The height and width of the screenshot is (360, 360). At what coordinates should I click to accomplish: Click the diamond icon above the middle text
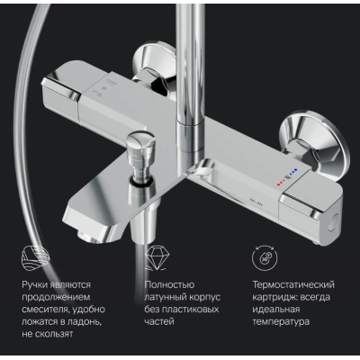point(157,258)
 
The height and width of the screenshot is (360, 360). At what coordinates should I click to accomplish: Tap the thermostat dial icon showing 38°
point(265,258)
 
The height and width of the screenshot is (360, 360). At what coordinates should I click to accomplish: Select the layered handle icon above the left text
point(35,258)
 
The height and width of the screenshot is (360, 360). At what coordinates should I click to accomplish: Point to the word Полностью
point(169,284)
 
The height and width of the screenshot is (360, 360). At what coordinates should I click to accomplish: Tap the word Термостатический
point(293,284)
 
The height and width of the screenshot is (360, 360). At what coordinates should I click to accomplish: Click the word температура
point(281,322)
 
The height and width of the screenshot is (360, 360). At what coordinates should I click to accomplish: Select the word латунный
point(166,297)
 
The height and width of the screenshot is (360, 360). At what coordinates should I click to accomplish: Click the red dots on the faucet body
point(282,182)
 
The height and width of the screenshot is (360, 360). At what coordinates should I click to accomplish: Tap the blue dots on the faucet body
point(293,172)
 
